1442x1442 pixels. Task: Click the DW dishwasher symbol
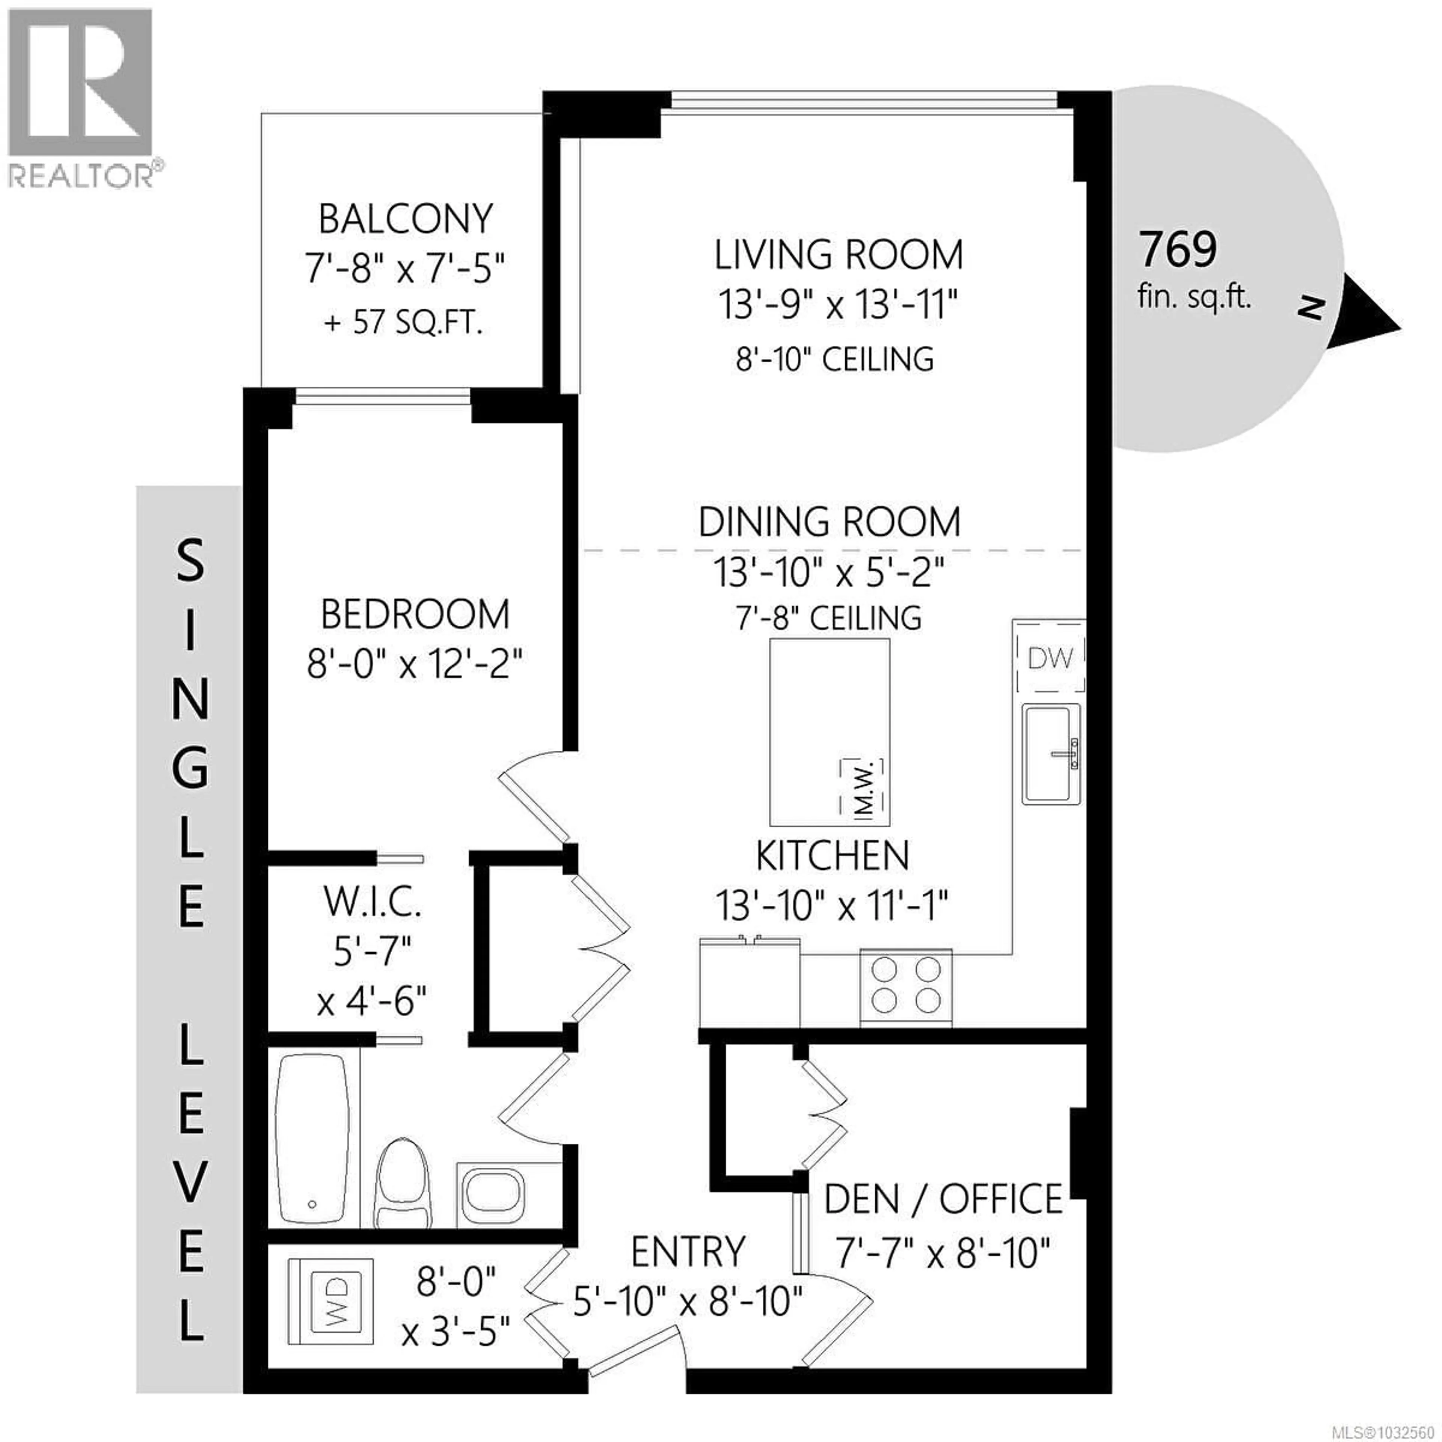[x=1050, y=658]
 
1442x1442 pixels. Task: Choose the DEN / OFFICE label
[x=943, y=1199]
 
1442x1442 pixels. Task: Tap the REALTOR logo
[x=82, y=97]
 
